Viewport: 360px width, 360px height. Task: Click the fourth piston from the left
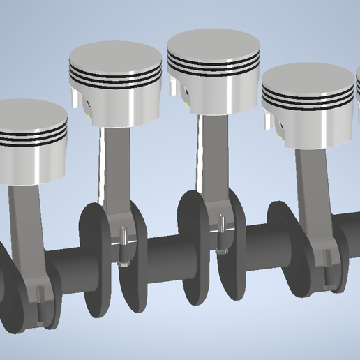click(x=307, y=105)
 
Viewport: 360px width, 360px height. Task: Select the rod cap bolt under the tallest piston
click(x=222, y=230)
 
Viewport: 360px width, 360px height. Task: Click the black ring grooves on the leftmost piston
click(x=31, y=137)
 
